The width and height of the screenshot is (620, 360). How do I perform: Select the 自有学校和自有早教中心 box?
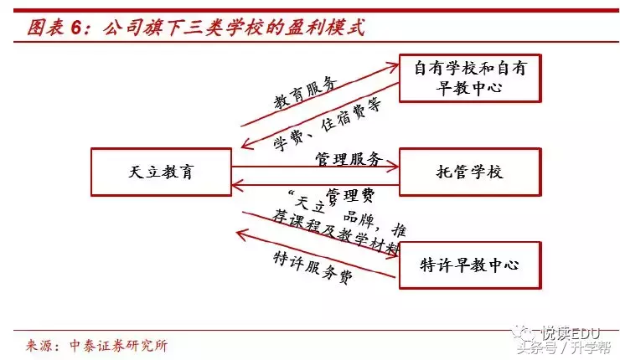470,78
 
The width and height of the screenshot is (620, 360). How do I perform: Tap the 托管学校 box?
470,172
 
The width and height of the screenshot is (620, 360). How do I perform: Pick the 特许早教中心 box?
470,265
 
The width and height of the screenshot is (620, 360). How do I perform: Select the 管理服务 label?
349,158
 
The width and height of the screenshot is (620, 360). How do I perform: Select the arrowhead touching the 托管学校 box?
393,165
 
